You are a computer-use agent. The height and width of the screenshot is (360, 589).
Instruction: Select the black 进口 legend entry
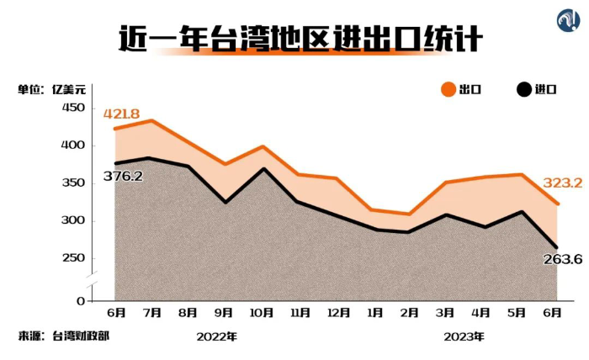(x=536, y=90)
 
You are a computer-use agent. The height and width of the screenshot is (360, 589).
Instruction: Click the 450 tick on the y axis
(x=72, y=108)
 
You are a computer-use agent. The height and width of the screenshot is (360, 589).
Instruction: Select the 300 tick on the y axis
(x=72, y=221)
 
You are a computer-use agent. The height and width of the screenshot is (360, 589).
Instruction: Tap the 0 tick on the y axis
(x=80, y=301)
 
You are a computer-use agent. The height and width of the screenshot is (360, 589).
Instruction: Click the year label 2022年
(x=216, y=336)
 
